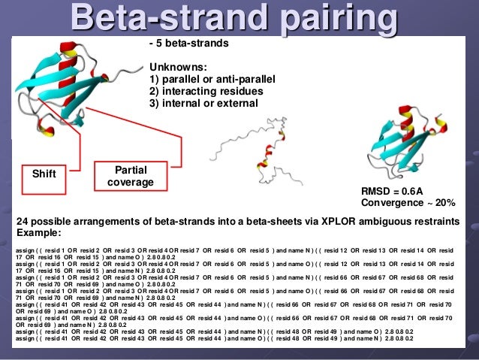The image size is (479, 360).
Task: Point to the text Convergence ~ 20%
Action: pos(408,203)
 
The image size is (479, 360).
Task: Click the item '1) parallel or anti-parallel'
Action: pos(213,78)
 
